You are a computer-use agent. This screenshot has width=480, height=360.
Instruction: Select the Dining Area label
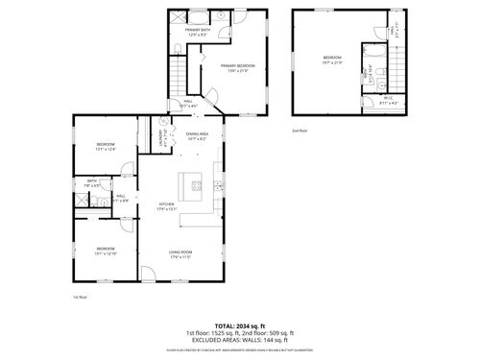tap(198, 135)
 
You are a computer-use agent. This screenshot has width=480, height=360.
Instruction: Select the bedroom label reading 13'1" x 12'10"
tap(105, 252)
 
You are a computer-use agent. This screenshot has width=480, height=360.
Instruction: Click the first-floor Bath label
tap(92, 182)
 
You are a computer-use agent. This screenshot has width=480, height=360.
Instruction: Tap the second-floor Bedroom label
tap(331, 60)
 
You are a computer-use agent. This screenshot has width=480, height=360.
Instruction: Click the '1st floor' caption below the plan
tap(81, 298)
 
